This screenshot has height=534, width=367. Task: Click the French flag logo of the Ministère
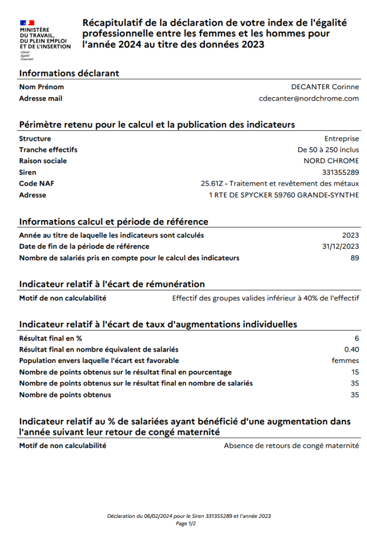27,22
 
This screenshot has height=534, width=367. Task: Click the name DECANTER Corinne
325,87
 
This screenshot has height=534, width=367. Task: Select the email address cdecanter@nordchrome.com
309,98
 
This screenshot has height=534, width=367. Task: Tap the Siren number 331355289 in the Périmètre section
340,172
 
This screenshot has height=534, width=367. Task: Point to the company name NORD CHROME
331,161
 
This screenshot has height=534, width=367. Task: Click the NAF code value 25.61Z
212,184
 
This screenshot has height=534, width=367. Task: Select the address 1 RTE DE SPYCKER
283,195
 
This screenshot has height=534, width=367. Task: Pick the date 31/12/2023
341,246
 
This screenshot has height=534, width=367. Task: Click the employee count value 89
354,258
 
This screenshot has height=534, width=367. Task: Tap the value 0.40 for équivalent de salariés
352,349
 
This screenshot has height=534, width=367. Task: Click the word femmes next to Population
346,360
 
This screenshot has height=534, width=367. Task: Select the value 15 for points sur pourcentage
355,372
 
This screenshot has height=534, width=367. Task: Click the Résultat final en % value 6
357,338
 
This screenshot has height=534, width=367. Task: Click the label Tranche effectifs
48,150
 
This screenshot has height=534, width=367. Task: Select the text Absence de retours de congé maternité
291,446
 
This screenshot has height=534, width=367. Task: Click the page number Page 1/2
186,524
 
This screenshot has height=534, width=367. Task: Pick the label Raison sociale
43,161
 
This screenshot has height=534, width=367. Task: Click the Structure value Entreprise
341,138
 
